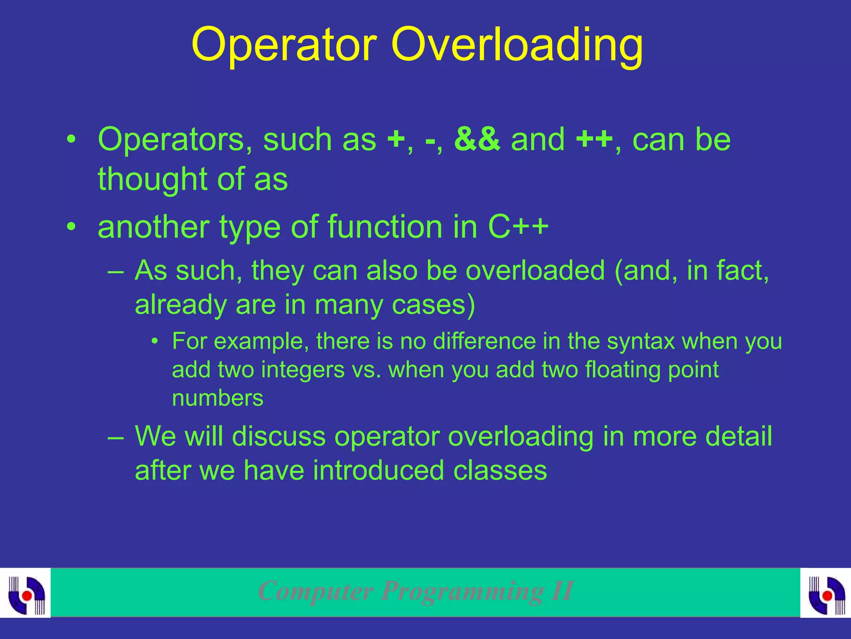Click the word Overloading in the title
click(517, 45)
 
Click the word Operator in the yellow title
click(284, 45)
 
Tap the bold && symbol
click(477, 139)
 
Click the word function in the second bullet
click(385, 227)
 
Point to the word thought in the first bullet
click(152, 179)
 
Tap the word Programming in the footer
click(462, 591)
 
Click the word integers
click(303, 369)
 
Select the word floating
click(622, 369)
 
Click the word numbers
click(218, 398)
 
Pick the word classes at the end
click(500, 471)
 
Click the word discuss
click(278, 436)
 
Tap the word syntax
click(641, 341)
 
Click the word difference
click(484, 341)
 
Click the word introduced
click(378, 471)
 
